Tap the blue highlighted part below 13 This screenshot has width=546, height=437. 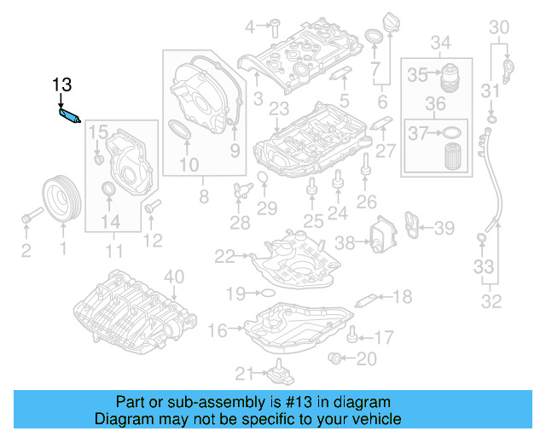coord(68,114)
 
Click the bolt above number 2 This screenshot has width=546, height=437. coord(27,218)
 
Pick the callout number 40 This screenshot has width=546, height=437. coord(173,276)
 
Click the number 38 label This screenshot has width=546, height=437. coord(345,242)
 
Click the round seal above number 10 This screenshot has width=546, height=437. coord(182,131)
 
